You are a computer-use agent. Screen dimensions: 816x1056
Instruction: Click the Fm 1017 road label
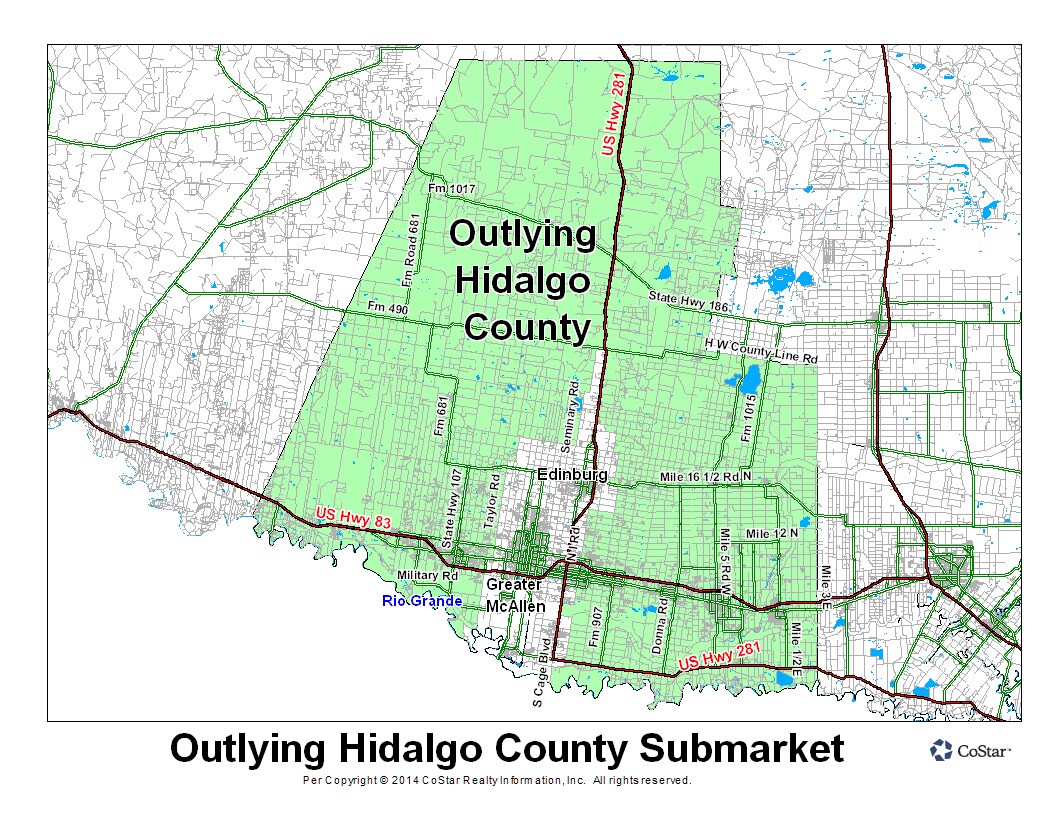tap(450, 189)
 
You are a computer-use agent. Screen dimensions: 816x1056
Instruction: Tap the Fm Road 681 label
tap(409, 241)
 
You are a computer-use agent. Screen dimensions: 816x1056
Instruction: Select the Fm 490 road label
tap(388, 306)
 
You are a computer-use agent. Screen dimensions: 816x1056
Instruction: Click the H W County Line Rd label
tap(761, 350)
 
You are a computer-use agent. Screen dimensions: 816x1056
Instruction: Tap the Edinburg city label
tap(572, 474)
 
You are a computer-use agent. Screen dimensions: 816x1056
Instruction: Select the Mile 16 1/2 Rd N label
tap(705, 478)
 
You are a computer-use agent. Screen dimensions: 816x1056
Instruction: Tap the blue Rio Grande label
tap(422, 601)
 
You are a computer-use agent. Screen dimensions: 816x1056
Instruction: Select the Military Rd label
tap(427, 576)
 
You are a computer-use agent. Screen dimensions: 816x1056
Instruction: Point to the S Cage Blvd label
tap(542, 672)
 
